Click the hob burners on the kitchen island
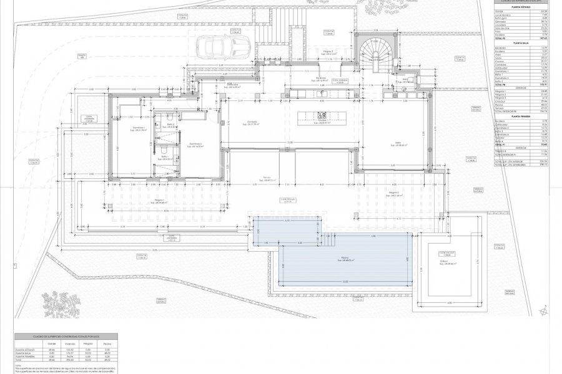[x=322, y=115]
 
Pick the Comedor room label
[x=253, y=122]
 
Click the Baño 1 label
[x=161, y=156]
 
